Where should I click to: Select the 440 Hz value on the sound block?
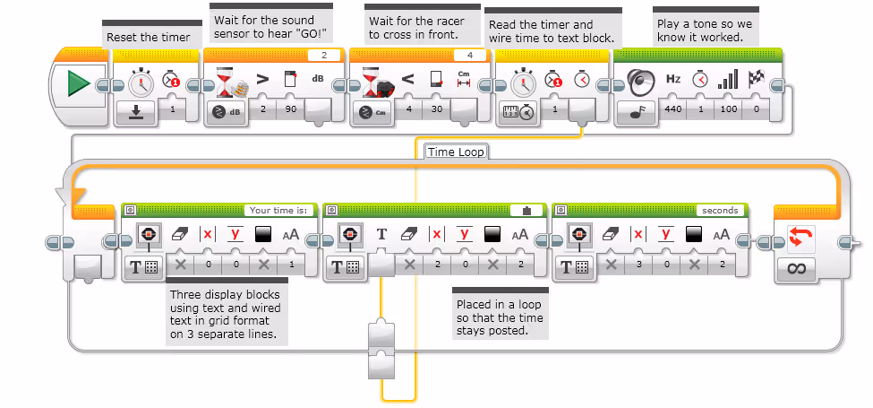[673, 109]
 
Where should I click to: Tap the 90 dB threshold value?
[291, 109]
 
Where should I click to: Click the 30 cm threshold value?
[437, 109]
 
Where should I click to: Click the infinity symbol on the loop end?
[797, 269]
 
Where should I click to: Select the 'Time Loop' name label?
[456, 152]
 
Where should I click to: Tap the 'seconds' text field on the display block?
[720, 210]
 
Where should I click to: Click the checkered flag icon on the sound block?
[757, 79]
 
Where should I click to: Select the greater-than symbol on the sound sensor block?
[262, 79]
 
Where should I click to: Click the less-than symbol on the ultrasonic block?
[407, 79]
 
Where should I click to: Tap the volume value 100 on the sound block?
[728, 109]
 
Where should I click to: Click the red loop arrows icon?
[800, 238]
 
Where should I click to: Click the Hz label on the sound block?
[673, 79]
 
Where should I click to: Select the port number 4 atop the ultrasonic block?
[470, 56]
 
